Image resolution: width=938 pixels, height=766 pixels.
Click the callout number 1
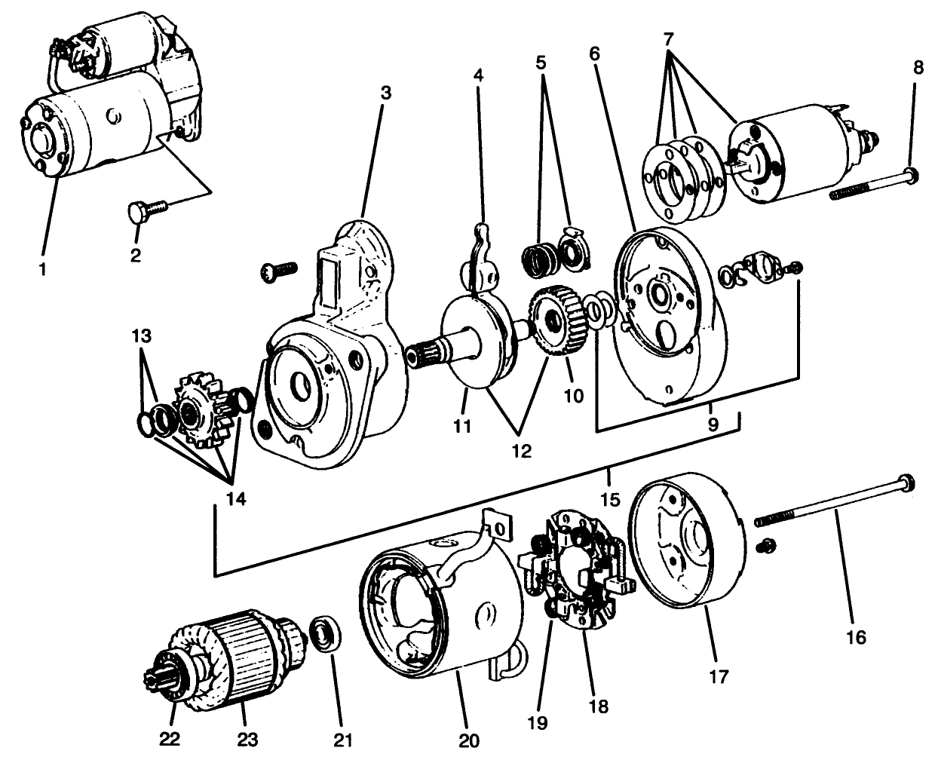click(x=43, y=268)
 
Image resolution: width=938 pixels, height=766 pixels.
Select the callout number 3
click(x=385, y=93)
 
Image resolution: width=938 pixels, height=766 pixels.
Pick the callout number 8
click(x=917, y=66)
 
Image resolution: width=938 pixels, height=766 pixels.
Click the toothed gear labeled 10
click(x=556, y=322)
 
